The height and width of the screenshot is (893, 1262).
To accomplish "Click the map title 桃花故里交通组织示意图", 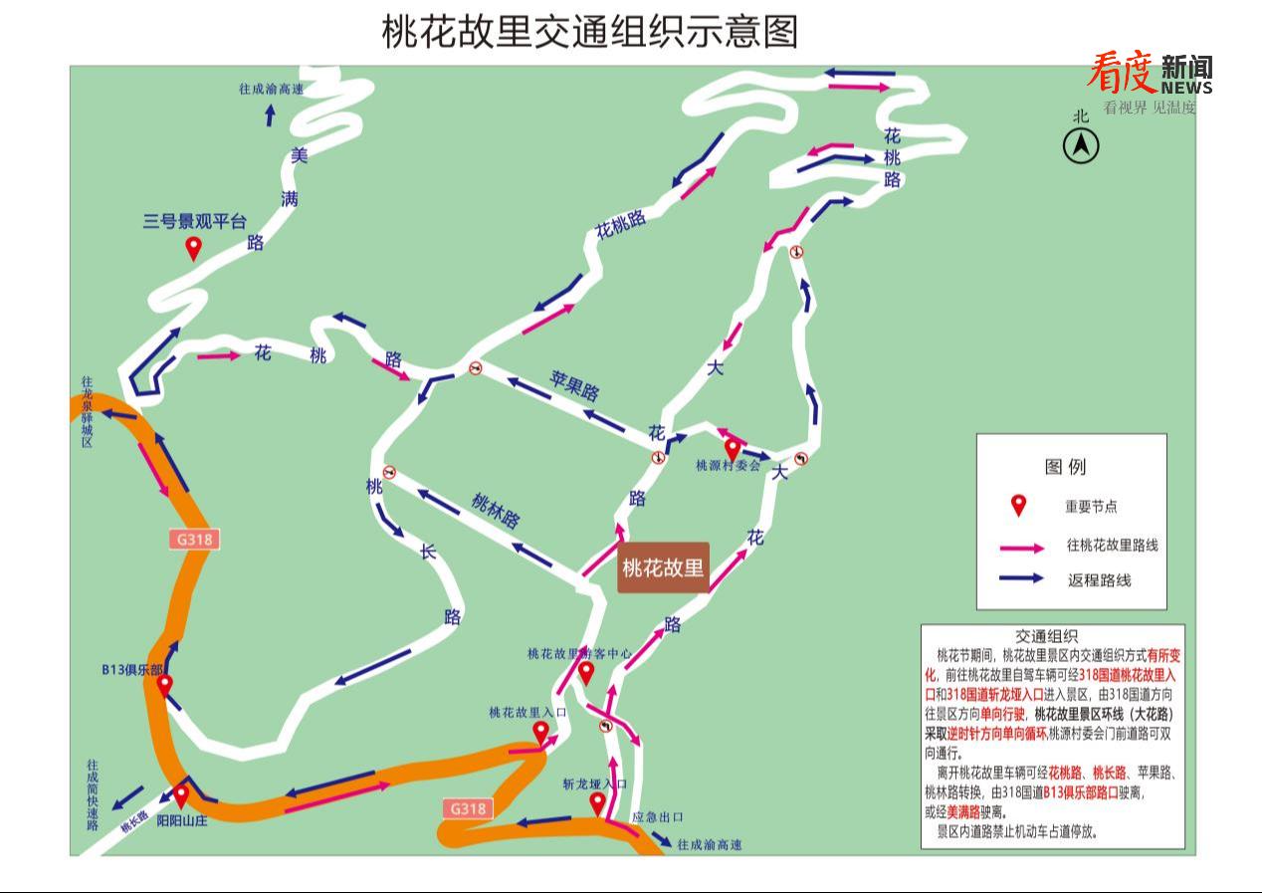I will tap(590, 31).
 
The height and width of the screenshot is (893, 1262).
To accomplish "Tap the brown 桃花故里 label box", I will tap(663, 567).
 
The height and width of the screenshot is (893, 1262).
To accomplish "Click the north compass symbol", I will tap(1081, 146).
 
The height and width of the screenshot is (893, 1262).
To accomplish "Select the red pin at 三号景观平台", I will tap(193, 247).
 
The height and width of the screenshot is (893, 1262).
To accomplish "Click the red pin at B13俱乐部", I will tap(164, 684).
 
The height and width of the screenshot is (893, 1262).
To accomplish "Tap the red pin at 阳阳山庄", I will tap(181, 794).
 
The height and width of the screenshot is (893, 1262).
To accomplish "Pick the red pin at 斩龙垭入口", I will tap(597, 802).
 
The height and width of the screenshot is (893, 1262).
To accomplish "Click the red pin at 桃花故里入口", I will tap(540, 733).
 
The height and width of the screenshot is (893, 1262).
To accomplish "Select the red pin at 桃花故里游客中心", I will tap(586, 673).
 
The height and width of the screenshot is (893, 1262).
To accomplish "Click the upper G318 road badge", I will tap(194, 540).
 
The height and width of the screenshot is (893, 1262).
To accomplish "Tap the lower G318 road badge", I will tap(468, 808).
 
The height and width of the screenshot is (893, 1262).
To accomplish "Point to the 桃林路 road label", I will tap(496, 511).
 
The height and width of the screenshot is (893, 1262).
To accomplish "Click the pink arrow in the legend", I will tap(1021, 547).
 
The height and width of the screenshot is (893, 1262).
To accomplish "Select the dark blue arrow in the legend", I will tap(1021, 578).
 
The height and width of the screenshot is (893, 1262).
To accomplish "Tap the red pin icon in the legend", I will tap(1018, 505).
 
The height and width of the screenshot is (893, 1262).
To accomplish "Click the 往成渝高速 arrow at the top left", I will tap(270, 114).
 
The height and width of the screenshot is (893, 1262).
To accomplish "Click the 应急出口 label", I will tap(658, 816).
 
